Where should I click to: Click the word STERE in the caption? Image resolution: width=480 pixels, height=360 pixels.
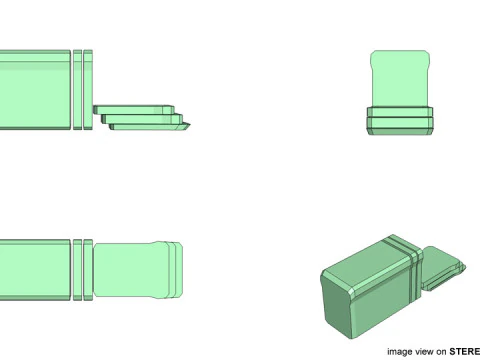coord(464,352)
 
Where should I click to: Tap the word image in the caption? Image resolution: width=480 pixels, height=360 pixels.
coord(400,352)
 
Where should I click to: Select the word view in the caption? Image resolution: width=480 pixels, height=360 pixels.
coord(424,352)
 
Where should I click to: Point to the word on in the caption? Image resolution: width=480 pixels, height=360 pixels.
coord(440,352)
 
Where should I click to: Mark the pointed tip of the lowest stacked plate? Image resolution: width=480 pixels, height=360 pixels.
coord(189,127)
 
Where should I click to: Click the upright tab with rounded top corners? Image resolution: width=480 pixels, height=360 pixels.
coord(400,78)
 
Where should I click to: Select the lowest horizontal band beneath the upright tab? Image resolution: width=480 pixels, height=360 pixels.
coord(400,126)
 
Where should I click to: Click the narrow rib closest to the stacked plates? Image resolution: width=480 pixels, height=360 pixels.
coord(89,90)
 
